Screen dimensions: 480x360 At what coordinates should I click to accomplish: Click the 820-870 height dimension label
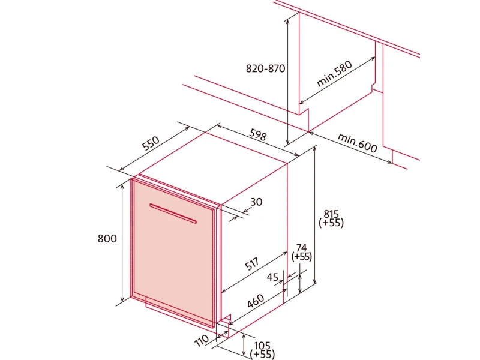click(265, 68)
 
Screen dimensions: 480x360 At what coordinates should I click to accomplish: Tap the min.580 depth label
click(334, 74)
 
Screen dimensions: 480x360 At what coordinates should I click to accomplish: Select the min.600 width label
click(357, 143)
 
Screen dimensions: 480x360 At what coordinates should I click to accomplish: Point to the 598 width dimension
click(258, 134)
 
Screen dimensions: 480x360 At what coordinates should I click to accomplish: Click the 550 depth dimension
click(151, 143)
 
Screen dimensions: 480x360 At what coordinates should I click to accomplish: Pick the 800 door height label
click(107, 238)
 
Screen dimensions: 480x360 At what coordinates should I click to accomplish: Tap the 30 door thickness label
click(256, 202)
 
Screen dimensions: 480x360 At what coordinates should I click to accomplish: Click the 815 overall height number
click(331, 214)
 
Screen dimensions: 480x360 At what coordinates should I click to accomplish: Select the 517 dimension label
click(253, 264)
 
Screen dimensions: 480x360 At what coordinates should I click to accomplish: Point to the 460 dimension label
click(256, 301)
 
